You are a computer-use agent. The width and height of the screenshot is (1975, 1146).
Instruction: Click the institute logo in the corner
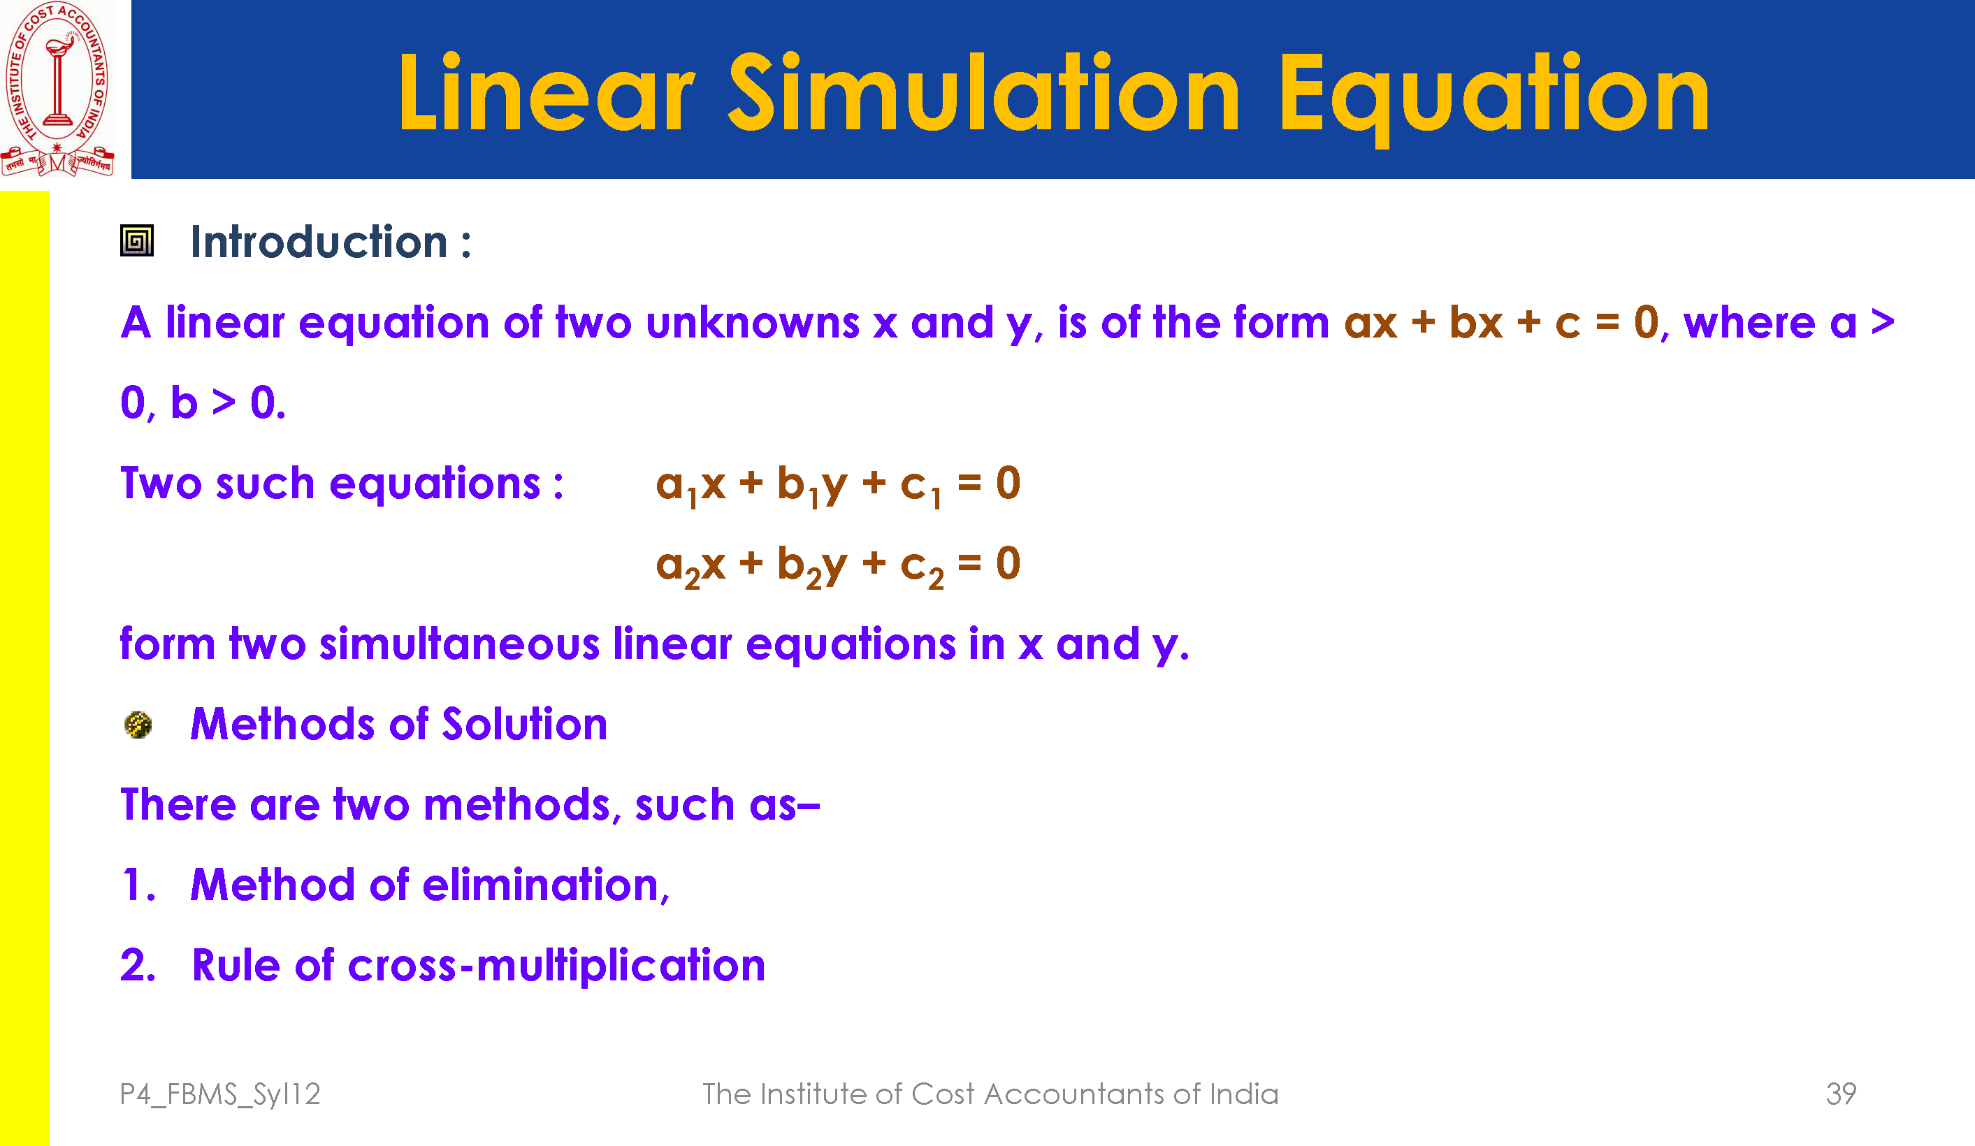(57, 88)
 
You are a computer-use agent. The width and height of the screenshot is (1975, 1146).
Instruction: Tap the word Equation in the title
(1493, 97)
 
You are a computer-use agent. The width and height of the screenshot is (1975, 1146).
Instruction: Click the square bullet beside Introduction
(136, 240)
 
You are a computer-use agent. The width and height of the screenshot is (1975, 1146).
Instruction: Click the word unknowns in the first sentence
(753, 322)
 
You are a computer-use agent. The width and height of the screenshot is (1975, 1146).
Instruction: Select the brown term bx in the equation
(1477, 322)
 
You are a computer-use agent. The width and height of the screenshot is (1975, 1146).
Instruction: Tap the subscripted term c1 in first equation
(921, 486)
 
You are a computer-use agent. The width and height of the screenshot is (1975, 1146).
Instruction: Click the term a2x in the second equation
(690, 566)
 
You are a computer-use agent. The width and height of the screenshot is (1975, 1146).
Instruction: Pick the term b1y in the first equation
(812, 486)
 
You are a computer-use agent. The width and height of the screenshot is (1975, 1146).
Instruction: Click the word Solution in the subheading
(524, 723)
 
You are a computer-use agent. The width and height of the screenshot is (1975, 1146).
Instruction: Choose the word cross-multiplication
(556, 966)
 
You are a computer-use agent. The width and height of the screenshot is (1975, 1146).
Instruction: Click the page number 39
(1841, 1094)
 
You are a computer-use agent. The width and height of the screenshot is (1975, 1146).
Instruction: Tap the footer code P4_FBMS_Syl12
(220, 1094)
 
